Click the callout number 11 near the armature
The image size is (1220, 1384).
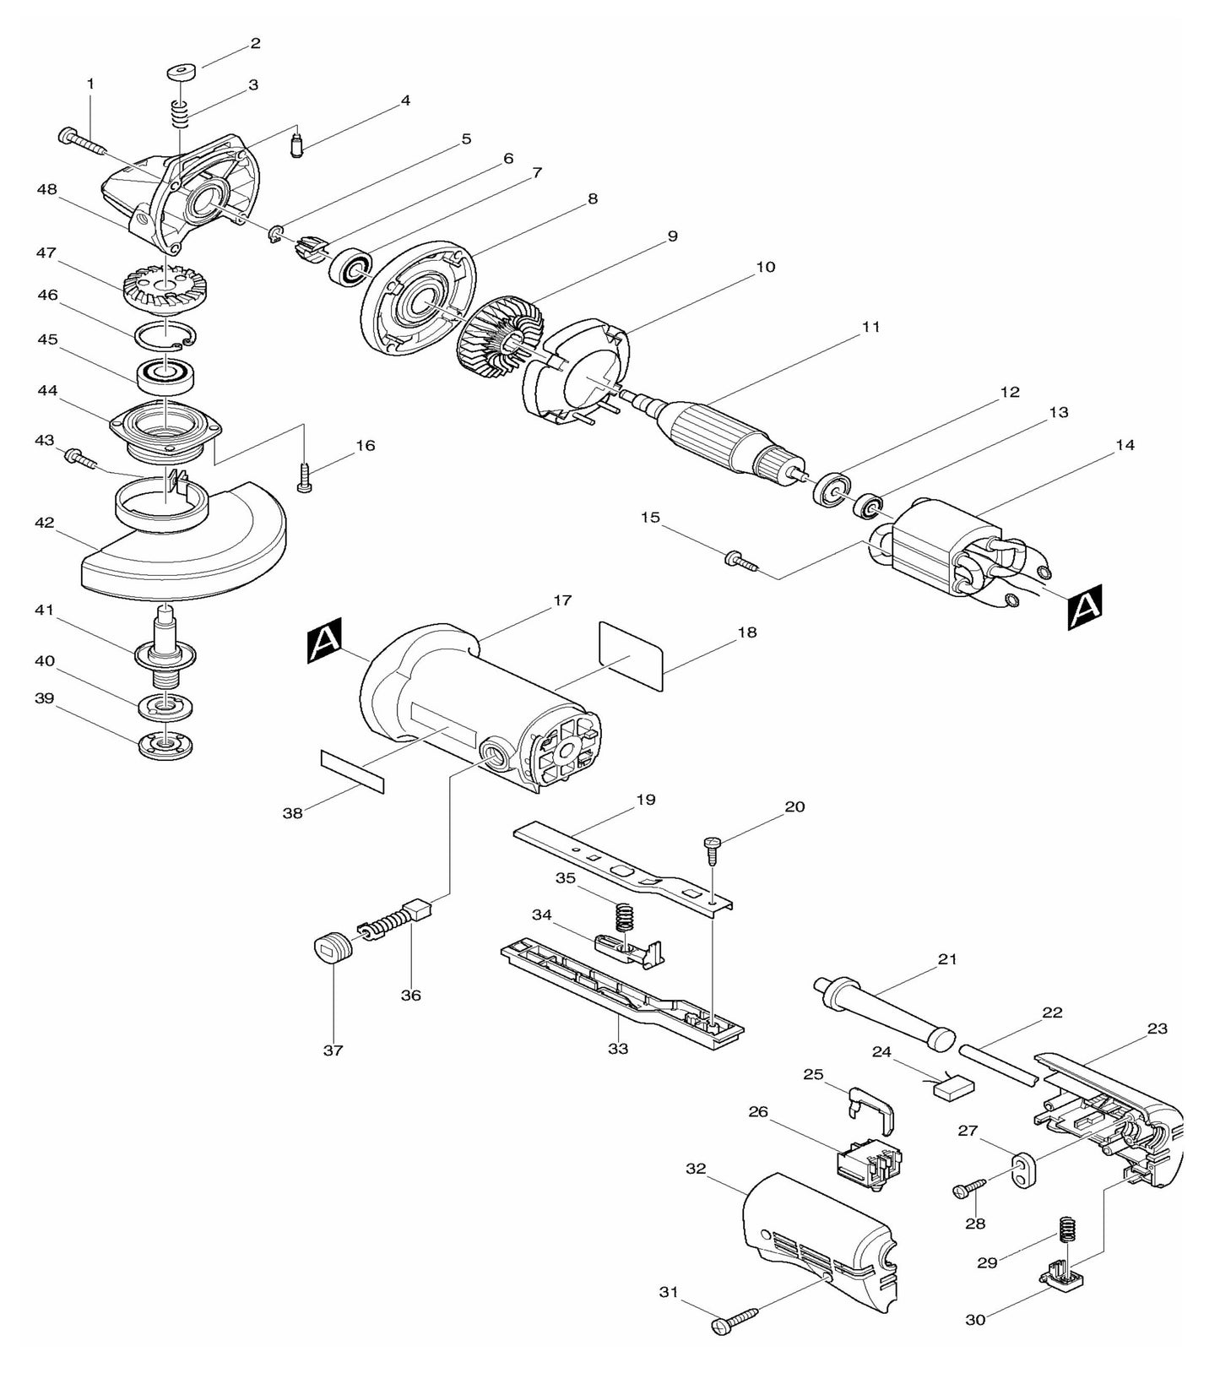tap(870, 326)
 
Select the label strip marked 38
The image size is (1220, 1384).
tap(352, 769)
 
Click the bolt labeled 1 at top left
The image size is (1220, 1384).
tap(82, 142)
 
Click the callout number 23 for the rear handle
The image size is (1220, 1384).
tap(1157, 1029)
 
